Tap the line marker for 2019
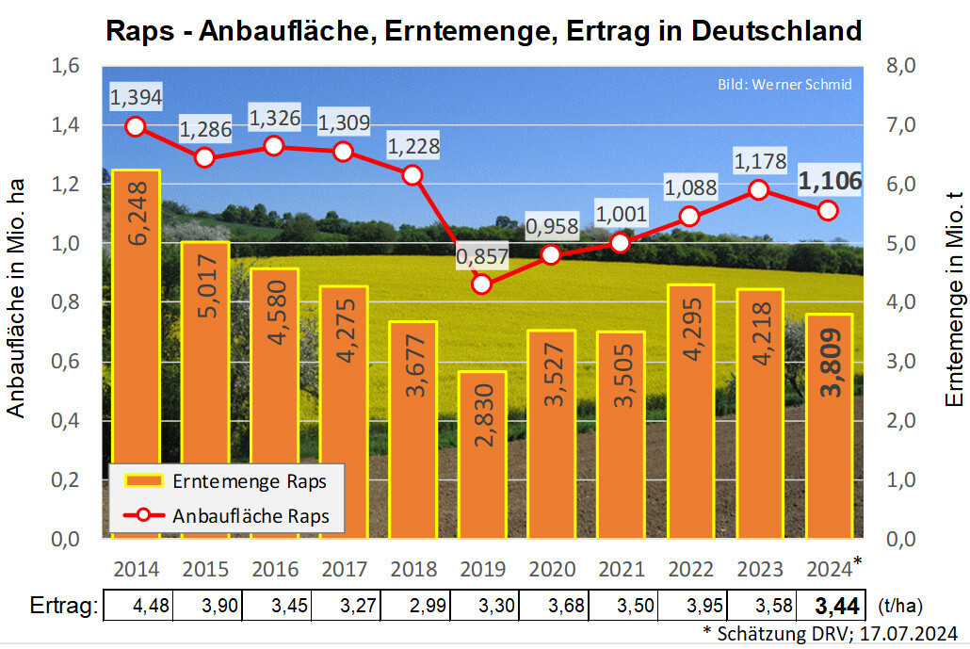click(482, 284)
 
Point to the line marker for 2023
click(758, 190)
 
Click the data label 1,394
click(136, 96)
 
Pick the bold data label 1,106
click(830, 182)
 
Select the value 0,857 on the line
click(482, 255)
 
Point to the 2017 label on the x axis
click(344, 570)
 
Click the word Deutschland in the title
click(776, 30)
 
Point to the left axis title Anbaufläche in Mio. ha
click(16, 302)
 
